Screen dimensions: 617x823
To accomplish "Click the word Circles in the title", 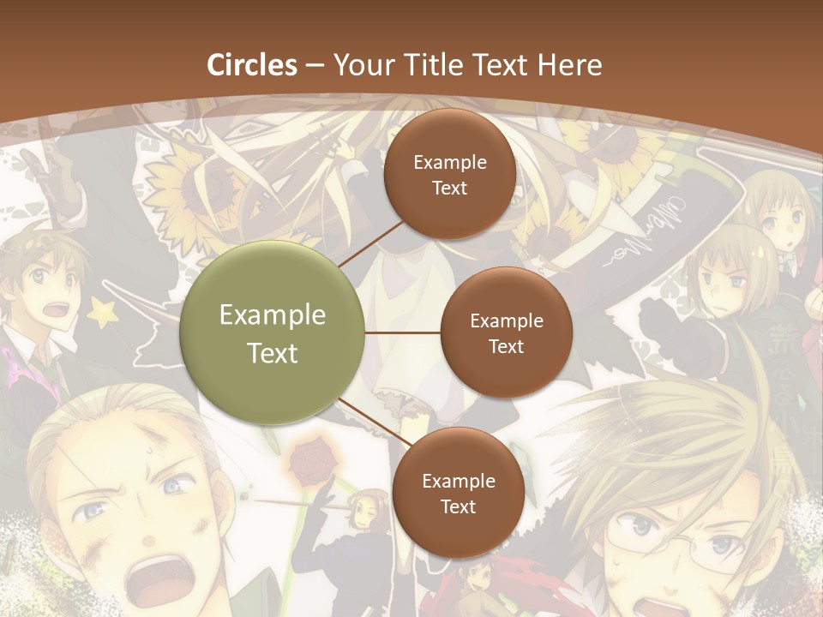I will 252,65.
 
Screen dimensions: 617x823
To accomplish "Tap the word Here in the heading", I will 569,65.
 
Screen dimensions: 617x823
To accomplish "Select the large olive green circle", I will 273,332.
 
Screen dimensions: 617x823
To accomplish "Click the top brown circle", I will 449,174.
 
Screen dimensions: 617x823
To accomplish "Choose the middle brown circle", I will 506,332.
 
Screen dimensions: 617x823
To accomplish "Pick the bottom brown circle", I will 458,493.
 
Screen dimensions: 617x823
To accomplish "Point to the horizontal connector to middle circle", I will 402,332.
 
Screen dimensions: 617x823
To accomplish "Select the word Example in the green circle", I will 273,315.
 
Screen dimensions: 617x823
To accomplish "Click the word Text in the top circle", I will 449,188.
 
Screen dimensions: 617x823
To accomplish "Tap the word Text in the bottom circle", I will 458,506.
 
